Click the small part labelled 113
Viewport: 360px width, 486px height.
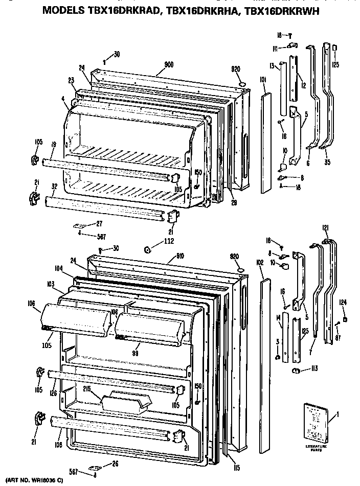(296, 371)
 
